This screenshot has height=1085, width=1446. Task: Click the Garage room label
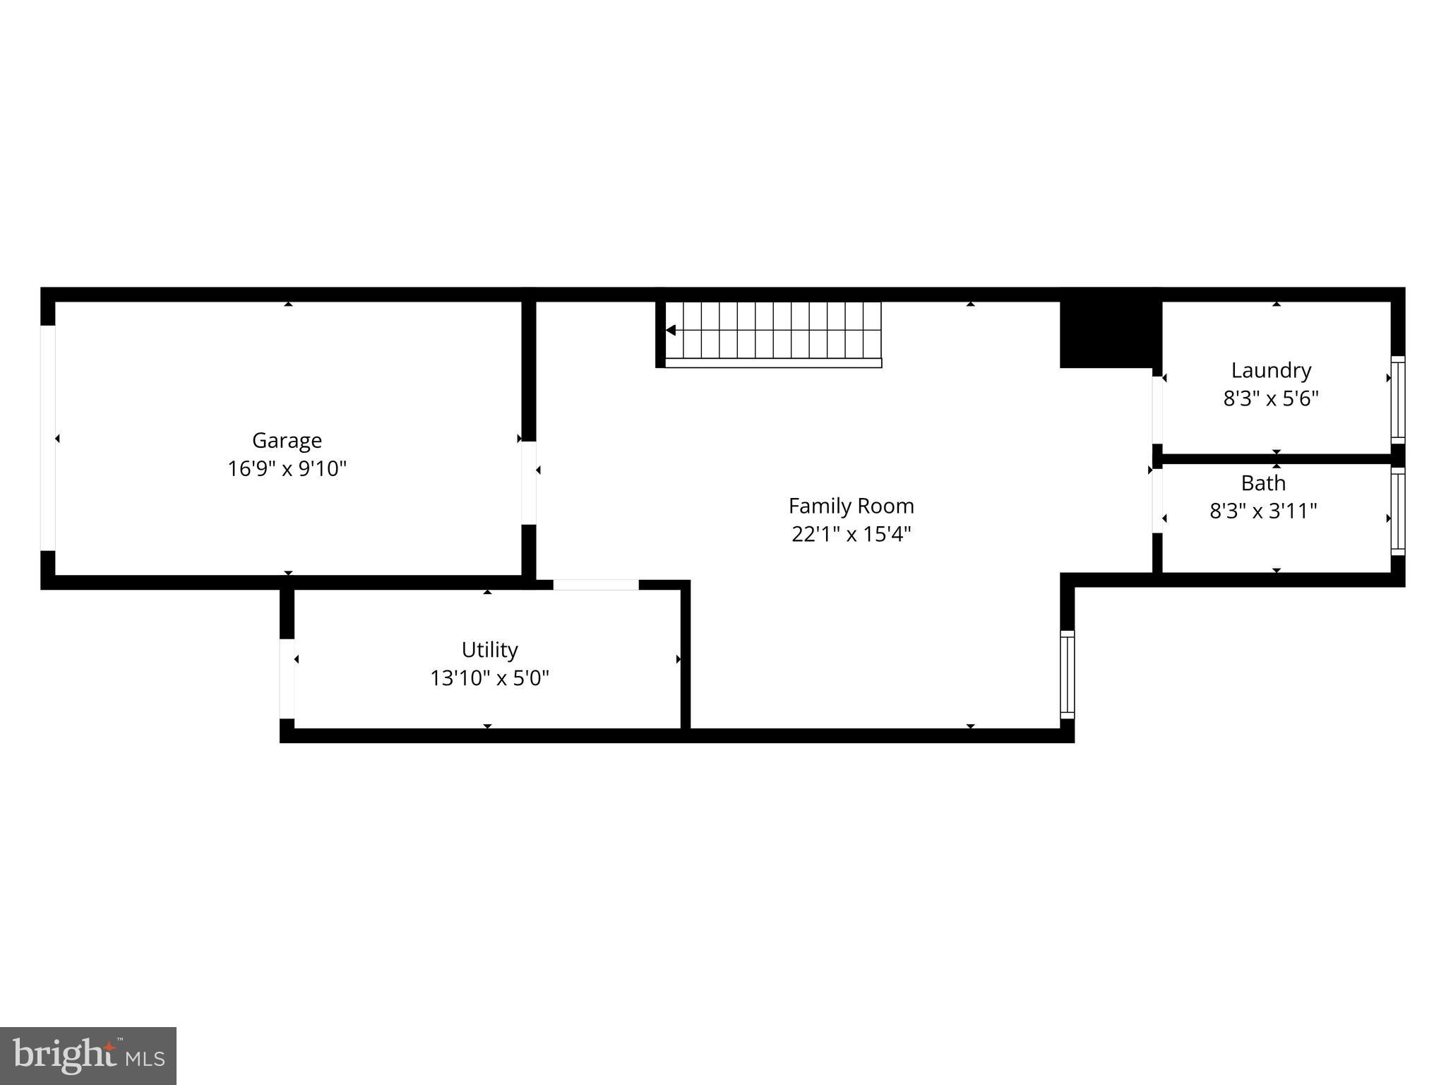tap(287, 441)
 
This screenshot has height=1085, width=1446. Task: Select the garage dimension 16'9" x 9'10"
tap(287, 469)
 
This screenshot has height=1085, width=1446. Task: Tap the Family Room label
tap(851, 506)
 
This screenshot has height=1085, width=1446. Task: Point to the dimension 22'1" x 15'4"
tap(851, 534)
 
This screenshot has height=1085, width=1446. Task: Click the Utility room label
tap(489, 650)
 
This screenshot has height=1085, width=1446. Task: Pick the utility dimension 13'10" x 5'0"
tap(489, 678)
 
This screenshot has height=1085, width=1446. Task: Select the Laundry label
tap(1271, 370)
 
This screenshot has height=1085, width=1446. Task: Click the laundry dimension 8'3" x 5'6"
tap(1271, 398)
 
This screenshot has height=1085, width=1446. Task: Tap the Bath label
tap(1263, 483)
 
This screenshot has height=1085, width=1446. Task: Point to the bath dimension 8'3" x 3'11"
tap(1263, 511)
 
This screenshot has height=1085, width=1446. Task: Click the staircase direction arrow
tap(671, 330)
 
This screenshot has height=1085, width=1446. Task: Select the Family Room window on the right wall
tap(1067, 675)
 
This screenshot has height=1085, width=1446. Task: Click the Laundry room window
tap(1397, 400)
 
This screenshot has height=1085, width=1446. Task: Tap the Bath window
tap(1397, 511)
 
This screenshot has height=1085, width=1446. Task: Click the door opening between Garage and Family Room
tap(528, 483)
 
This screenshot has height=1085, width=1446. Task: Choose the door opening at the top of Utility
tap(595, 585)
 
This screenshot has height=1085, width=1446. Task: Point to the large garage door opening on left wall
tap(47, 438)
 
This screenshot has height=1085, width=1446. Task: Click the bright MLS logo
tap(88, 1055)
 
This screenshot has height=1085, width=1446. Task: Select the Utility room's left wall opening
tap(287, 679)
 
